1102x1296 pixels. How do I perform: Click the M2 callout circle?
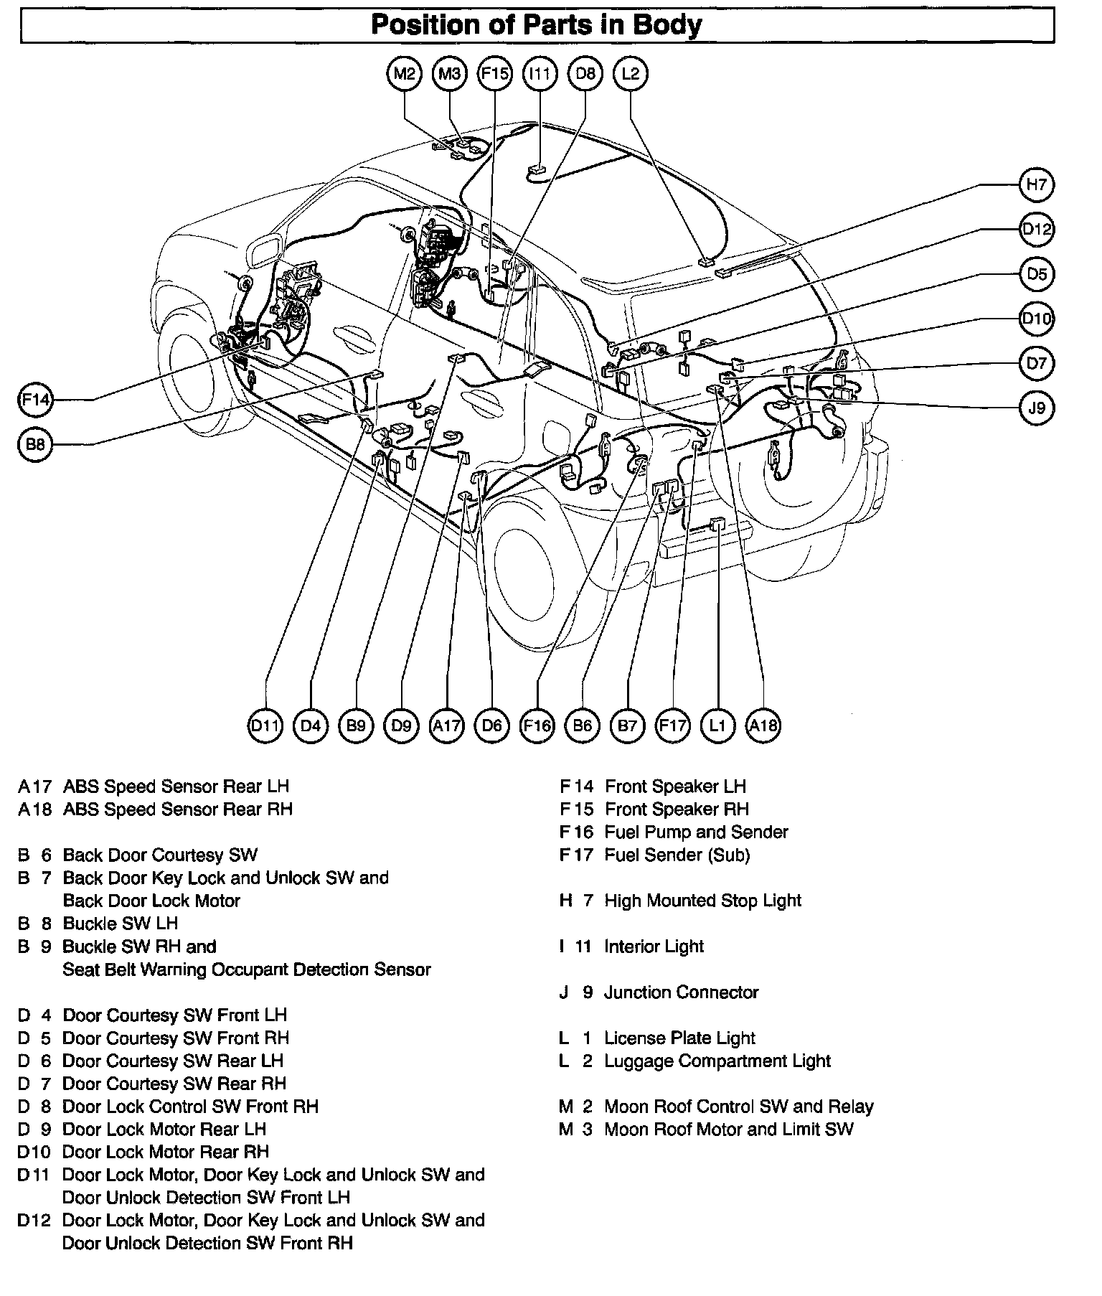405,73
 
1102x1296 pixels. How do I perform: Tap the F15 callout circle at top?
495,73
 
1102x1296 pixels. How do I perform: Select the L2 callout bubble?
631,73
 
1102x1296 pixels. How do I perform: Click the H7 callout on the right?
1036,185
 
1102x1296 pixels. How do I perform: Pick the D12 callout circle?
1036,230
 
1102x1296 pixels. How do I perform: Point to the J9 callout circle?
1036,408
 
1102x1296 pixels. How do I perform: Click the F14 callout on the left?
34,399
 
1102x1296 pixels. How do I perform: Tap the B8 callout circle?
34,445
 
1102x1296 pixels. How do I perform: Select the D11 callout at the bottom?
265,726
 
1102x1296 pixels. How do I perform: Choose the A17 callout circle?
446,726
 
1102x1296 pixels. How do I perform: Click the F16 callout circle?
537,726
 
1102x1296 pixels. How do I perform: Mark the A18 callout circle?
763,726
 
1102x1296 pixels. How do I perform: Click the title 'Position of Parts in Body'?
537,25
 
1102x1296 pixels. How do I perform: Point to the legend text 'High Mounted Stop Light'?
702,901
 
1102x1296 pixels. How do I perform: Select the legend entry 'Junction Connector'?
681,992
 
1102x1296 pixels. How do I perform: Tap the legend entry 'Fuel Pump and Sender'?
696,832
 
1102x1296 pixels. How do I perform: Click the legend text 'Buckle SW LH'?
120,924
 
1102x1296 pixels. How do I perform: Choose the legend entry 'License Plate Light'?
679,1038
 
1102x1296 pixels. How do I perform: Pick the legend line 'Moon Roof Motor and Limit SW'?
729,1130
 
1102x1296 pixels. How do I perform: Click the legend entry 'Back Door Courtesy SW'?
160,855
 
